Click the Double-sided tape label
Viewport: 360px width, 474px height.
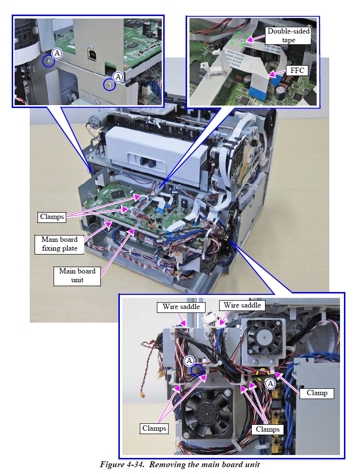point(288,36)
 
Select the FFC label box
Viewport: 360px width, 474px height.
point(297,70)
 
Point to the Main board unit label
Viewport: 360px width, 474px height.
point(77,275)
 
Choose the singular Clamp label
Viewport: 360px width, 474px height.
point(317,392)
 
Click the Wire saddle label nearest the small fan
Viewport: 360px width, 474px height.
point(242,305)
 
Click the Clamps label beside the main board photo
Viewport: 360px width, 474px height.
point(52,217)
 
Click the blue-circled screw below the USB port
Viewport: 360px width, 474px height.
point(107,85)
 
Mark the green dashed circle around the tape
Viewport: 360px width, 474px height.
point(242,39)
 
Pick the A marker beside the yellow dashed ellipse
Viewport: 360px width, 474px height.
point(271,383)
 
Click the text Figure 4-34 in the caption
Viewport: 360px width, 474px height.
point(122,464)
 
